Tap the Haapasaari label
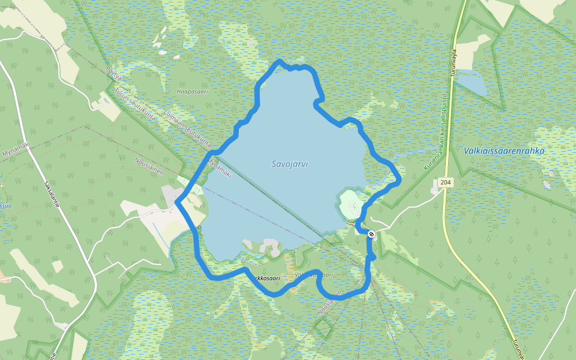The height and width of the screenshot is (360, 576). pyautogui.click(x=192, y=92)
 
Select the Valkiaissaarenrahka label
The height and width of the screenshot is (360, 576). pyautogui.click(x=504, y=151)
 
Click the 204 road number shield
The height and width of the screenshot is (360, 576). pyautogui.click(x=445, y=182)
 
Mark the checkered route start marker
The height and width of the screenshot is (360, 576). pyautogui.click(x=371, y=233)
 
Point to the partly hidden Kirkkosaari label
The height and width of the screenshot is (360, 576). pyautogui.click(x=267, y=278)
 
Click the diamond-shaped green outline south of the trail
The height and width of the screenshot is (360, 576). pyautogui.click(x=323, y=327)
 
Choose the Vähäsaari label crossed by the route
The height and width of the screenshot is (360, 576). pyautogui.click(x=314, y=275)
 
